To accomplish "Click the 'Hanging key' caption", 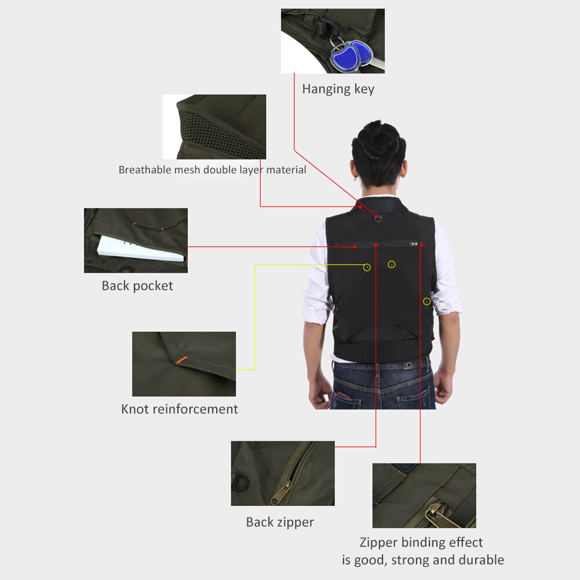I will [338, 89].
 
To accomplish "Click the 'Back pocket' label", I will [137, 286].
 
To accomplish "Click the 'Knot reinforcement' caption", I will [179, 409].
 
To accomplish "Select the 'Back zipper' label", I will [280, 522].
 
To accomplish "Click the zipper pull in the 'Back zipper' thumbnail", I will [282, 493].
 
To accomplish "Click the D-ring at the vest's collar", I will [378, 218].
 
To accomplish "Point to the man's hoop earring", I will [356, 178].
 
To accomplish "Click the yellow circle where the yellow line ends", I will [367, 267].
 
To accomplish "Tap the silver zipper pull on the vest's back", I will [413, 245].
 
